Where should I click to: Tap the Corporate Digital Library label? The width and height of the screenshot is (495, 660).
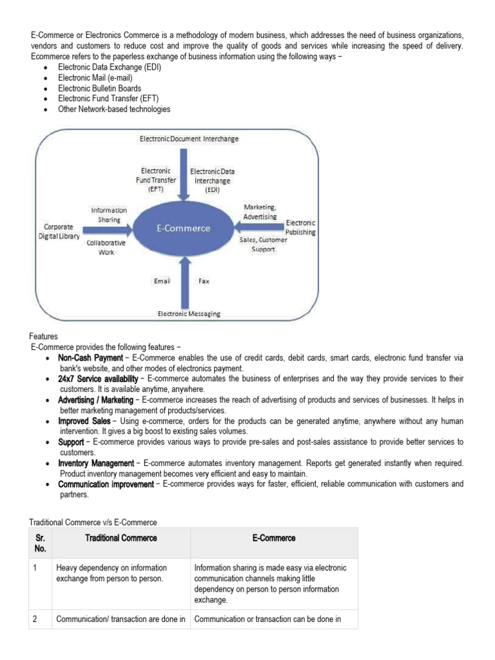pyautogui.click(x=58, y=232)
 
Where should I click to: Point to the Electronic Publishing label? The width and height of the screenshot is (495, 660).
pyautogui.click(x=300, y=227)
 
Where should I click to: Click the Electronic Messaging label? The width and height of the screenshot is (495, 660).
pyautogui.click(x=189, y=314)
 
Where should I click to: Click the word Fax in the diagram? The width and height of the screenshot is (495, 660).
pyautogui.click(x=204, y=282)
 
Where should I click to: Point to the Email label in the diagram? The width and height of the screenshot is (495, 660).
pyautogui.click(x=162, y=282)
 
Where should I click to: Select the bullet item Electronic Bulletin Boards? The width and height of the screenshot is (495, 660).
pyautogui.click(x=99, y=88)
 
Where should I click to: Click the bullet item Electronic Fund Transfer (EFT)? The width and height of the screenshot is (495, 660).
pyautogui.click(x=108, y=99)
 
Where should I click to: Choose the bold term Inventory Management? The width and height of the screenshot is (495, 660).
pyautogui.click(x=96, y=463)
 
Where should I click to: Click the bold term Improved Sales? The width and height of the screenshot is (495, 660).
pyautogui.click(x=81, y=421)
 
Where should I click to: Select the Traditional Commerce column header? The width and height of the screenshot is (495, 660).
pyautogui.click(x=121, y=538)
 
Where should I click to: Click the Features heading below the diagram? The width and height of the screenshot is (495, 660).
pyautogui.click(x=43, y=336)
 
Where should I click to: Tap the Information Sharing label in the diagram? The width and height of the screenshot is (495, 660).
pyautogui.click(x=109, y=214)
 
